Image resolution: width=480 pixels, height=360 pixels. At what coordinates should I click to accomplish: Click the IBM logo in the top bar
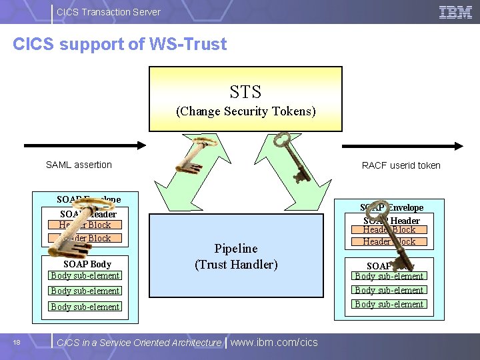point(455,11)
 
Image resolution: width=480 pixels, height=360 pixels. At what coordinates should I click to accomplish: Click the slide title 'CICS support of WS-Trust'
point(120,44)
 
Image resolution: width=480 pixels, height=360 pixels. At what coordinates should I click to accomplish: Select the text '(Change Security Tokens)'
point(245,111)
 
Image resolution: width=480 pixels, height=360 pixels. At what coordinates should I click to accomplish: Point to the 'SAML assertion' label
point(79,165)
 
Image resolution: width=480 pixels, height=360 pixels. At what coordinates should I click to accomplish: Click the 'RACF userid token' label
point(401,165)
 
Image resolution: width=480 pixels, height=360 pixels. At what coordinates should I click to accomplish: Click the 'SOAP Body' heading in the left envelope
point(87,264)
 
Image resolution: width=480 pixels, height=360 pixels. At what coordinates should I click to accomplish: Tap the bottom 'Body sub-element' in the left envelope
point(85,307)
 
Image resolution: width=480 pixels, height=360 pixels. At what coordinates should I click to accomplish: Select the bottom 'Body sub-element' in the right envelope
point(389,304)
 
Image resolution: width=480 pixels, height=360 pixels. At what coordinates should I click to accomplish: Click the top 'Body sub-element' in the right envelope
point(389,276)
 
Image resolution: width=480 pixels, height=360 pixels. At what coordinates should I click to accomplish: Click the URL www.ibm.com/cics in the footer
point(274,342)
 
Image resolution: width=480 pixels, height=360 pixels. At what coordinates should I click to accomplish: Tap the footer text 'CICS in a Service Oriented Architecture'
point(139,343)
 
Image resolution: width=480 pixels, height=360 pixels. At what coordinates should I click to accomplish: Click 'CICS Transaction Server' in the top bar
point(109,11)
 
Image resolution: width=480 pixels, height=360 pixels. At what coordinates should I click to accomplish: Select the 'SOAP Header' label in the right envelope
point(392,221)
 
